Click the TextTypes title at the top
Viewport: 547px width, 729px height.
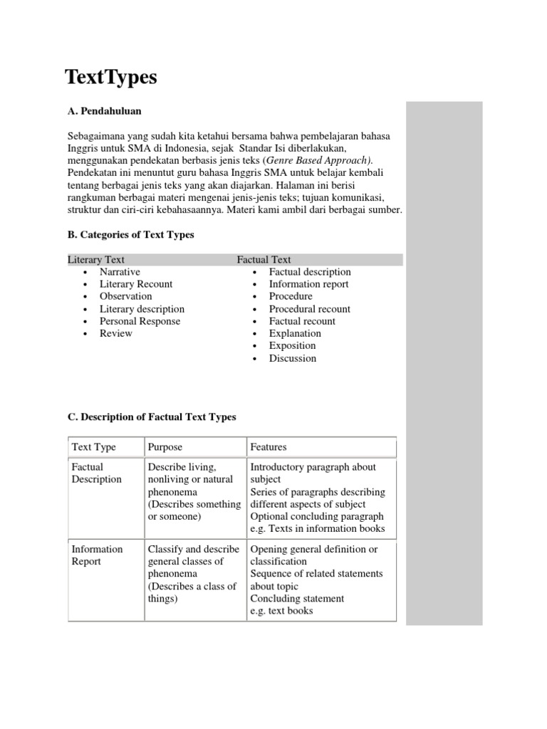111,78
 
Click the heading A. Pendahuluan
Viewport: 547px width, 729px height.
104,111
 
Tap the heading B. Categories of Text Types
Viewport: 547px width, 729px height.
130,234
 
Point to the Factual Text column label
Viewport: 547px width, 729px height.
264,260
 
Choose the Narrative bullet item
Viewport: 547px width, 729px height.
120,272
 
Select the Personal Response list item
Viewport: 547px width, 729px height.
140,321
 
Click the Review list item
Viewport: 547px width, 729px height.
115,333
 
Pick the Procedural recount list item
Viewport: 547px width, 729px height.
309,309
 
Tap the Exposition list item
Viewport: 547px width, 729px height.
292,346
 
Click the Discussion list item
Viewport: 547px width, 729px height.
292,358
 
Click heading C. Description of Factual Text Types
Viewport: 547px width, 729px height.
152,416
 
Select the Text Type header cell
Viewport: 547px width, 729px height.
94,447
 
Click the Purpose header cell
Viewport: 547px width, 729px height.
165,447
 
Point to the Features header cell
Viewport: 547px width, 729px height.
269,447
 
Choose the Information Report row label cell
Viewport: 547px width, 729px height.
97,555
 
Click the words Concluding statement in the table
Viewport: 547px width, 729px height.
297,599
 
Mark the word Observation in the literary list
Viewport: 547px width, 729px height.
125,296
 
